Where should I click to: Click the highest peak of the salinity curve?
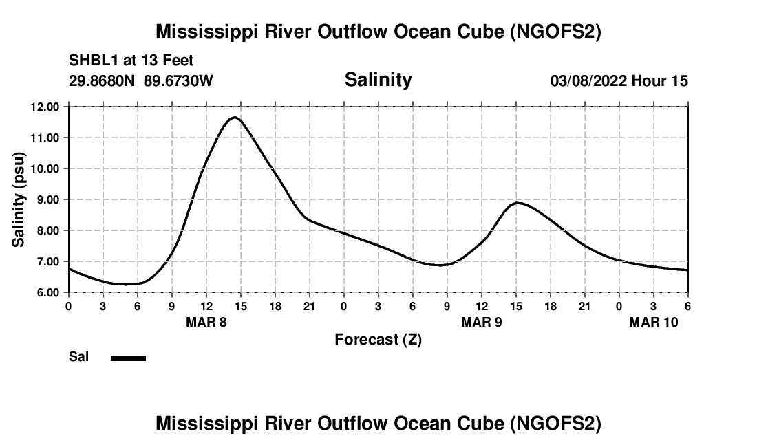(235, 117)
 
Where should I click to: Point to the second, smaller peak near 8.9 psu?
(518, 203)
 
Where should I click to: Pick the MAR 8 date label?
(206, 322)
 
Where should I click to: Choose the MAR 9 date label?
(482, 322)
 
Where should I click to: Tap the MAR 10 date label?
(654, 322)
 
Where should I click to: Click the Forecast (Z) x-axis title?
(378, 340)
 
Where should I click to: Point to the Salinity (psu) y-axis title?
(19, 199)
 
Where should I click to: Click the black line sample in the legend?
(129, 358)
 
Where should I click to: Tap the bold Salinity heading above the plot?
(378, 80)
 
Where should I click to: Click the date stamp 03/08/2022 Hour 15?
(619, 81)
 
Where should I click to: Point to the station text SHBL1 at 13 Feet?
(131, 61)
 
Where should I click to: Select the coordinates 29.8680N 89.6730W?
(141, 81)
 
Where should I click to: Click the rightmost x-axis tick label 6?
(688, 306)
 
